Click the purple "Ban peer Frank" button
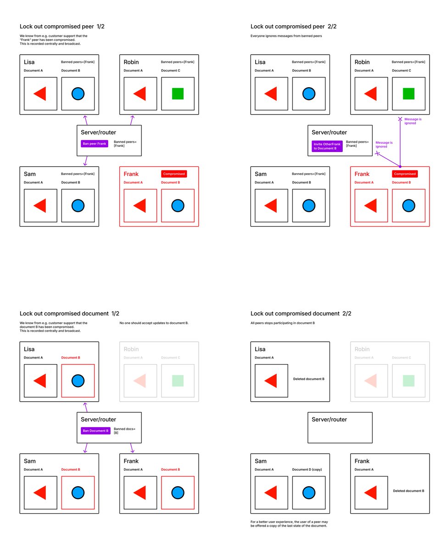pos(94,143)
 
